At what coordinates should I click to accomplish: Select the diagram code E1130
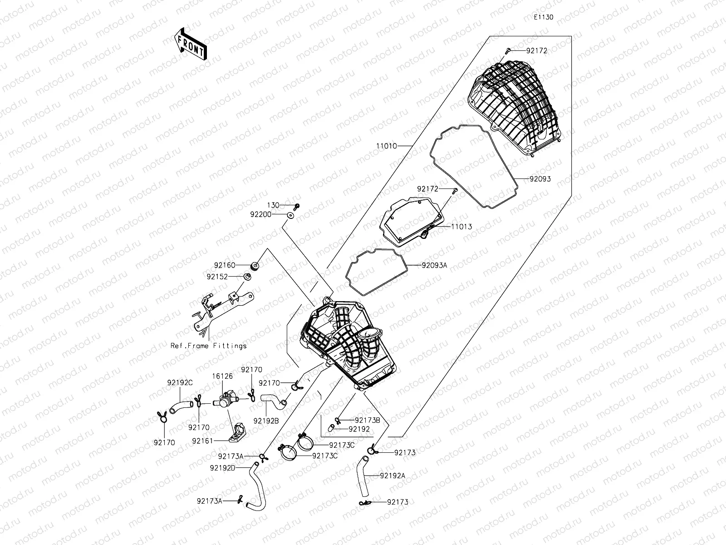point(543,17)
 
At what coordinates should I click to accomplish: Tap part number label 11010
point(386,146)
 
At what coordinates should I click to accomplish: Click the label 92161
point(202,441)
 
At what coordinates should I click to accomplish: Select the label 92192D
point(222,467)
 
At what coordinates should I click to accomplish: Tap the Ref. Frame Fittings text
point(208,346)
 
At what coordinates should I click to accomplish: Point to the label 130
point(273,206)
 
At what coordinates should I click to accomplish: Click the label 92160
point(225,265)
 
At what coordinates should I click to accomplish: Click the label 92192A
point(392,476)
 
